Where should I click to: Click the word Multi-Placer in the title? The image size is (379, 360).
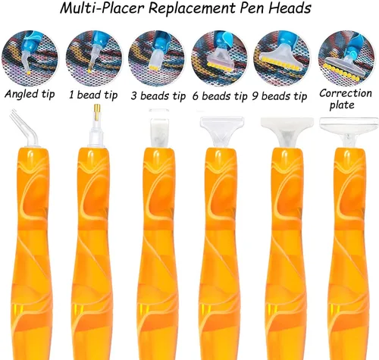[x=102, y=8]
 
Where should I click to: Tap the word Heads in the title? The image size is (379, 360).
[x=290, y=8]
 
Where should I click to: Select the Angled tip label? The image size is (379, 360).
[x=30, y=94]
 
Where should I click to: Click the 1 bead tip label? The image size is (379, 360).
[x=93, y=95]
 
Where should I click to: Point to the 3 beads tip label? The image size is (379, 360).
[x=158, y=96]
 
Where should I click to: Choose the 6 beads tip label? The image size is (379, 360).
[x=220, y=96]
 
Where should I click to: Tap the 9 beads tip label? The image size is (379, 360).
[x=280, y=96]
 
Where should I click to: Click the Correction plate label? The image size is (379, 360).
[x=345, y=99]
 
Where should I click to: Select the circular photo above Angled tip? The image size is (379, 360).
[x=30, y=58]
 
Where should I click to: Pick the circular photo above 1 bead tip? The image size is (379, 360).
[x=94, y=58]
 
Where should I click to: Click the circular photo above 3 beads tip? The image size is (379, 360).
[x=156, y=58]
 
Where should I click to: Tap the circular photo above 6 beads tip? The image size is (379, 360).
[x=219, y=58]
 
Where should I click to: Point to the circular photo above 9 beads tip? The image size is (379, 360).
[x=281, y=58]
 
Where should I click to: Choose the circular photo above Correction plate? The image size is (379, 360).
[x=346, y=58]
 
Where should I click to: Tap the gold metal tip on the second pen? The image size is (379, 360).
[x=97, y=111]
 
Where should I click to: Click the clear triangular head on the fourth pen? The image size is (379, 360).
[x=222, y=131]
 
